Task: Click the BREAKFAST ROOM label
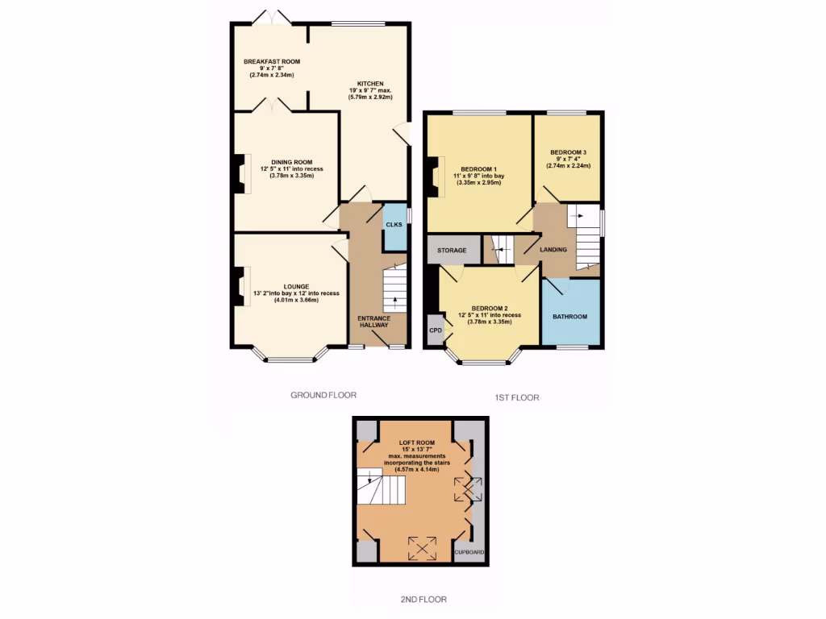272,61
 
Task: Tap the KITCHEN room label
370,83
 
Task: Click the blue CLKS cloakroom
394,223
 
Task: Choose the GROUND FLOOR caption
323,395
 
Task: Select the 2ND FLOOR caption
423,600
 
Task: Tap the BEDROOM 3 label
569,152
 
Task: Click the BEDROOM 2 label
489,308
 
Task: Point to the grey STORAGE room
452,250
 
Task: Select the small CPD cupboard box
435,330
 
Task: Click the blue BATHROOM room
570,316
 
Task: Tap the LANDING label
553,250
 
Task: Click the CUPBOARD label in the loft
469,552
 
